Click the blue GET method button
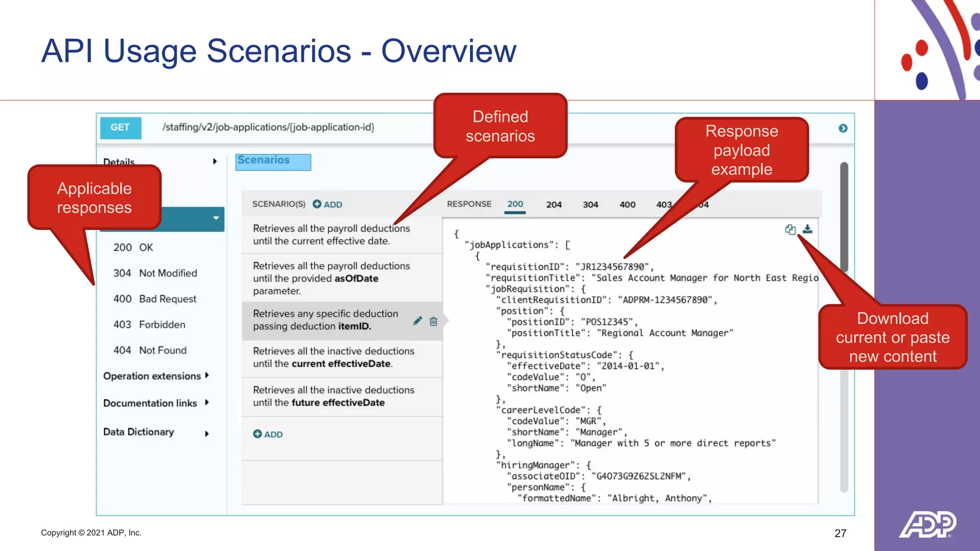[x=121, y=128]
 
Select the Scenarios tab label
[x=264, y=161]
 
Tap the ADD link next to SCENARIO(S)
[x=328, y=204]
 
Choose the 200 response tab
[x=515, y=204]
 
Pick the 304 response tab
[x=590, y=205]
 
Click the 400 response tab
[x=627, y=205]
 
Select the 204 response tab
[x=554, y=205]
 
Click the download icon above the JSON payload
[x=807, y=229]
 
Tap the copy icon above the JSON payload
[x=790, y=230]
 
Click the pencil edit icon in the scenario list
[x=417, y=321]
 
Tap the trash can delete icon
[x=434, y=321]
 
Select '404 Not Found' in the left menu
[x=150, y=350]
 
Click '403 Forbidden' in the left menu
[x=149, y=324]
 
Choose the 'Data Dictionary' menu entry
[x=139, y=432]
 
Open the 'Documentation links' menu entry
[x=150, y=403]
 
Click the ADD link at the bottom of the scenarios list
[x=268, y=434]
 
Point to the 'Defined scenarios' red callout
[x=500, y=126]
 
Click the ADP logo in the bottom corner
[x=927, y=525]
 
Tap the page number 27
[x=840, y=533]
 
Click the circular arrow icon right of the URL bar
[x=843, y=128]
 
